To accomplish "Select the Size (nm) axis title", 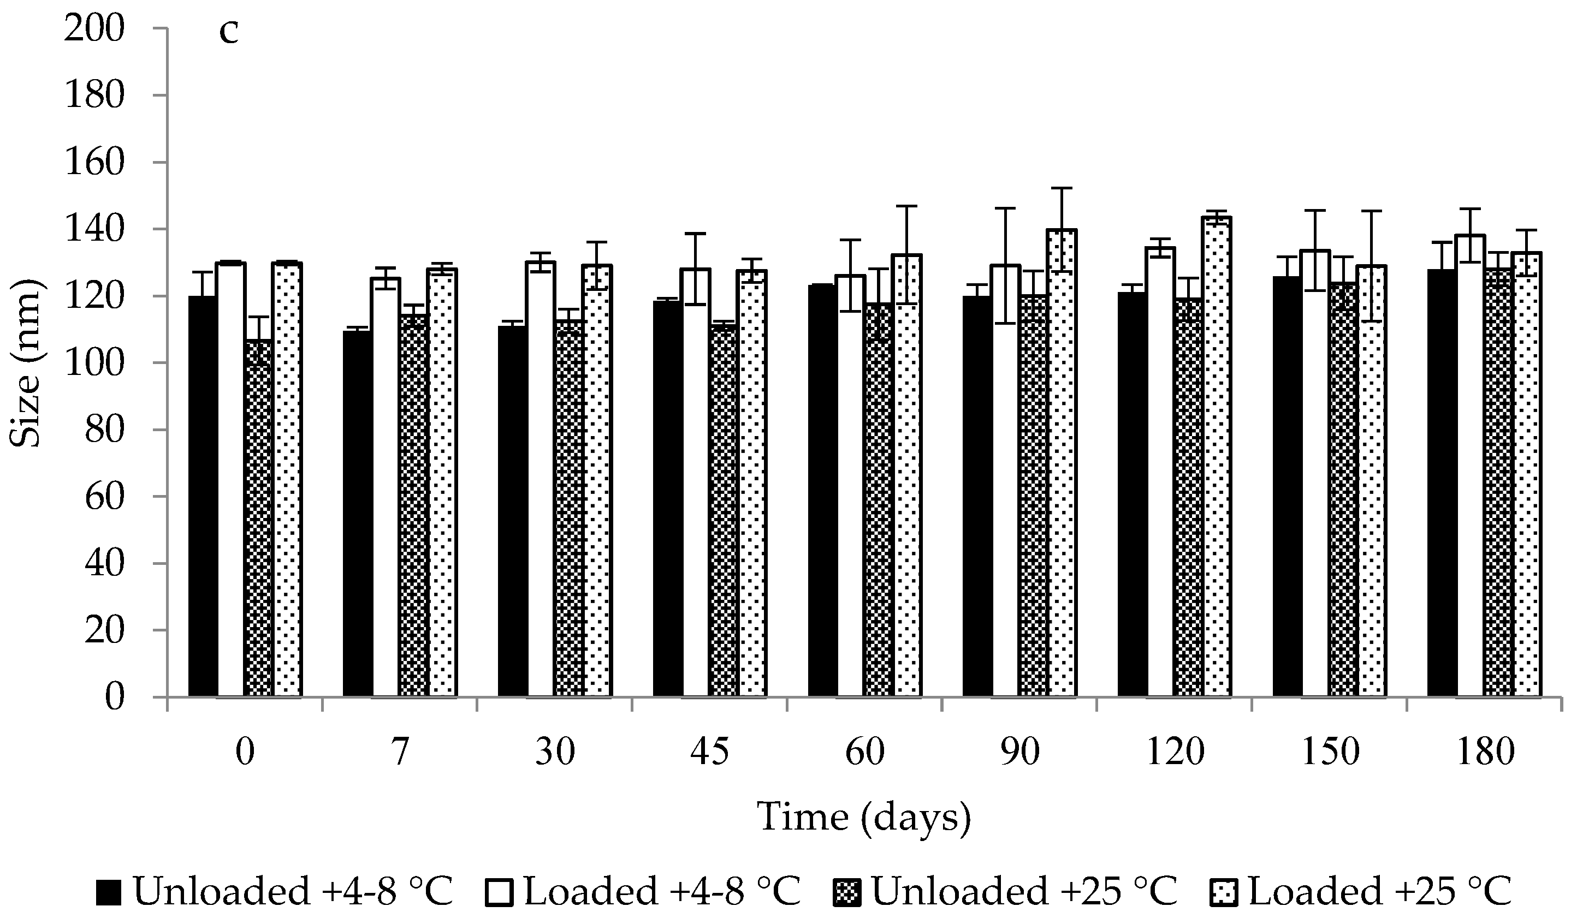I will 26,363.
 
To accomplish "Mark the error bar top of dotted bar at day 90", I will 1062,188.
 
